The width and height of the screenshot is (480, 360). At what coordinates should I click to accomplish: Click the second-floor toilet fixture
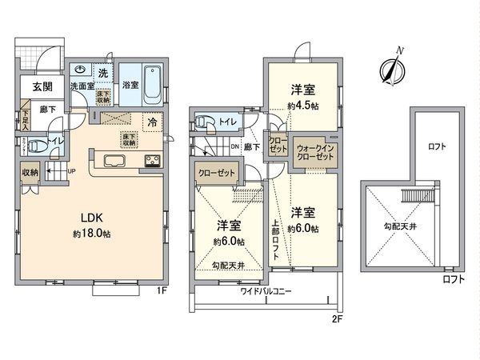pyautogui.click(x=202, y=123)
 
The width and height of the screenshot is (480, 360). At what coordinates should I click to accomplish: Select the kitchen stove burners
pyautogui.click(x=152, y=162)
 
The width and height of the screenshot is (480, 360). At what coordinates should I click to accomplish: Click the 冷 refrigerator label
pyautogui.click(x=151, y=122)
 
